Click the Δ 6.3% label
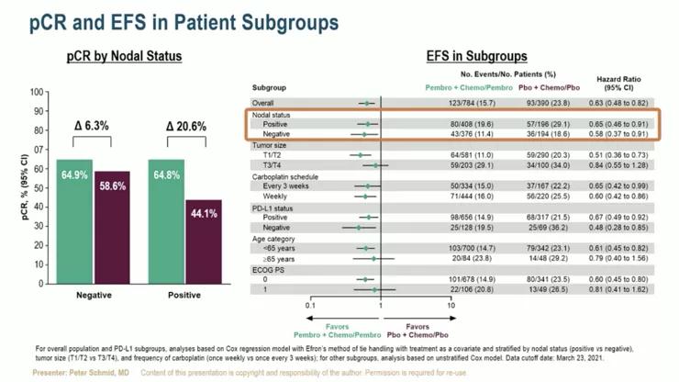click(x=93, y=127)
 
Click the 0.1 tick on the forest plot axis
click(x=310, y=302)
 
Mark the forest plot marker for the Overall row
click(x=367, y=103)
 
